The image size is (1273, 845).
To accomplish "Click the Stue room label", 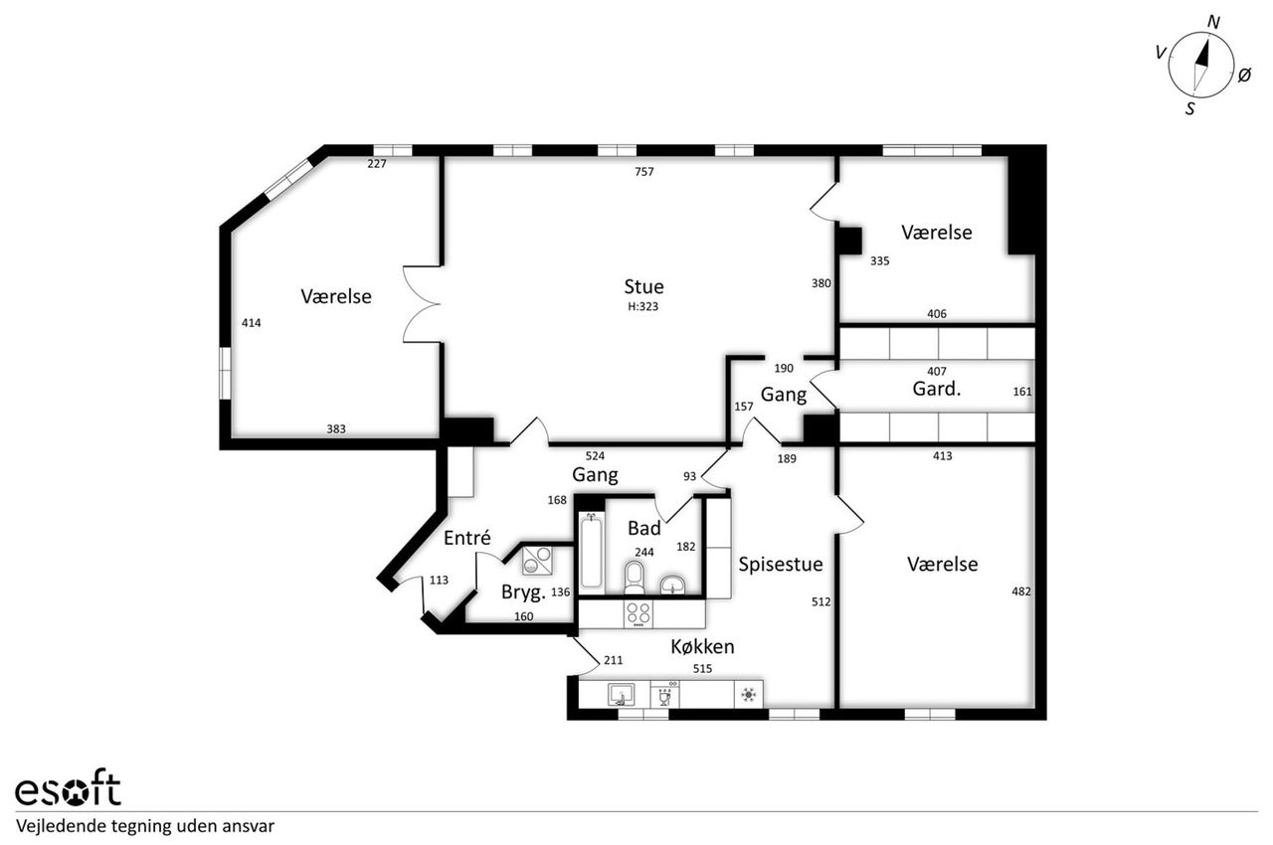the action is click(x=643, y=286).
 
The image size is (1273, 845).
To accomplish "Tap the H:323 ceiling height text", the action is click(x=642, y=306).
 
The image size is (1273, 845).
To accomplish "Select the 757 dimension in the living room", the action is click(x=643, y=172).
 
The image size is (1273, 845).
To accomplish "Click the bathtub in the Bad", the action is click(x=591, y=551).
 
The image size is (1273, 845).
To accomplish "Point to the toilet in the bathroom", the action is click(x=634, y=578).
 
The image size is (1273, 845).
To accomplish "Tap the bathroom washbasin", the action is click(x=673, y=585).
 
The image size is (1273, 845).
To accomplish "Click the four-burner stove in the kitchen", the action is click(x=637, y=614).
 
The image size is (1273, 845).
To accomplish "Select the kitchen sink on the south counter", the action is click(x=622, y=695).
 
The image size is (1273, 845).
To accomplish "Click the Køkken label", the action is click(x=702, y=647).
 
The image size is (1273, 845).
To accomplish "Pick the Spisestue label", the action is click(x=781, y=565).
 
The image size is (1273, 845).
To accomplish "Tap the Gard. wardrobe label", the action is click(x=937, y=389).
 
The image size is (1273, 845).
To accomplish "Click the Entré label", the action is click(x=467, y=537).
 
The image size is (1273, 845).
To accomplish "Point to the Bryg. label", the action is click(x=523, y=592).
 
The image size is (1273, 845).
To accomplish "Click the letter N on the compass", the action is click(x=1213, y=22).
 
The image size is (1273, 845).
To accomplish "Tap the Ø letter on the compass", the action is click(x=1244, y=75).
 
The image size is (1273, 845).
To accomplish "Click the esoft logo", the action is click(x=69, y=788).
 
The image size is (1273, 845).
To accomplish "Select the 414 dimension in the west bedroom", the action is click(x=252, y=323).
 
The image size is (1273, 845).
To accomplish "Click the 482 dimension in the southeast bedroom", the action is click(x=1021, y=591).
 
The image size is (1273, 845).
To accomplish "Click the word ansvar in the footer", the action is click(x=249, y=826).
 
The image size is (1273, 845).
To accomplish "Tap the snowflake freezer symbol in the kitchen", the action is click(x=749, y=694).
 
